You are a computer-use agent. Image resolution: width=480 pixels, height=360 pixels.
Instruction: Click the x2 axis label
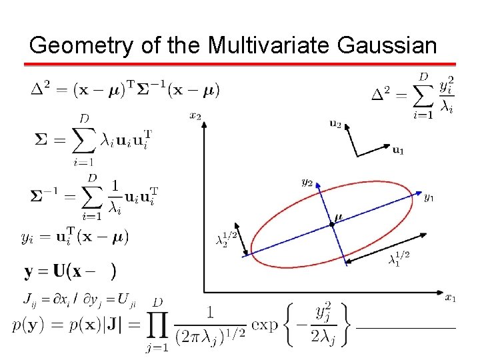[x=195, y=116]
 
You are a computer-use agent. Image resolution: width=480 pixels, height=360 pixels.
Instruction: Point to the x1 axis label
[x=451, y=297]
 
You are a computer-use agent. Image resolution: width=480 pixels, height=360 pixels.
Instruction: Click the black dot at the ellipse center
[x=332, y=225]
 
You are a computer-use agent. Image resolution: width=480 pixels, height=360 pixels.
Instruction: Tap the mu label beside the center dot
[x=339, y=217]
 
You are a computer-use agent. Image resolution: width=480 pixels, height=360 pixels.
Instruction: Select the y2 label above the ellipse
[x=307, y=181]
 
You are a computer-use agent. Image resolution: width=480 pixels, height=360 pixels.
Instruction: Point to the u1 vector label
[x=398, y=151]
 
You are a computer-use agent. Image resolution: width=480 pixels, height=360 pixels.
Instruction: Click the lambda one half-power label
[x=399, y=257]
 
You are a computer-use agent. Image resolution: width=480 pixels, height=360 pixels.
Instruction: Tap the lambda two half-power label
[x=227, y=237]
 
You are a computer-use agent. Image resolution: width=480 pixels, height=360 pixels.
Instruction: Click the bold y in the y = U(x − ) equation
[x=29, y=271]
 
